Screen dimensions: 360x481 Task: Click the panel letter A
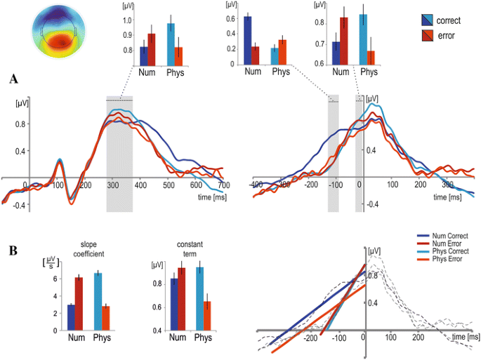[x=13, y=79]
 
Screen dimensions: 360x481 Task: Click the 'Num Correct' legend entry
[x=448, y=236]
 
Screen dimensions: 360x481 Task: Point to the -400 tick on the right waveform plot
[x=256, y=184]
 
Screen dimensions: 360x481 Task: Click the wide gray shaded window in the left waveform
[x=119, y=154]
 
